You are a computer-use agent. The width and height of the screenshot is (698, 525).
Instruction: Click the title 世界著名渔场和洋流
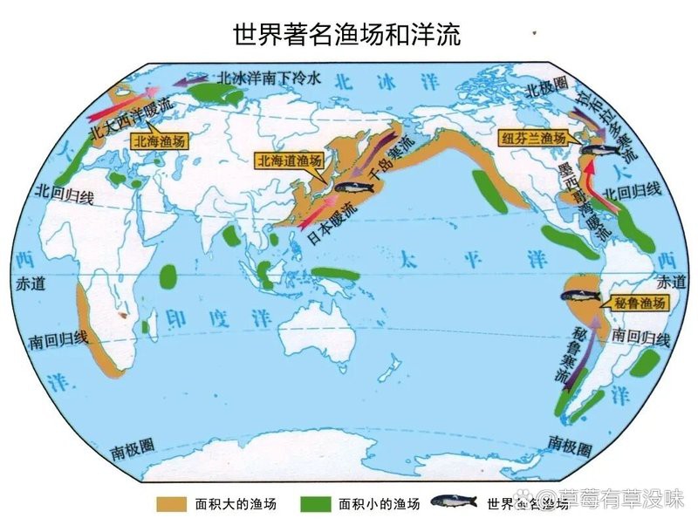[348, 35]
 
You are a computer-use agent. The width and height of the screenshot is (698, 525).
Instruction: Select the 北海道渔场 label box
[289, 160]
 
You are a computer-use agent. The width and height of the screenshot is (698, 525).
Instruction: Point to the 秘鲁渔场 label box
[639, 303]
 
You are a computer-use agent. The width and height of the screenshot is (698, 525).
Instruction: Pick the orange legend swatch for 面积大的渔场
[173, 504]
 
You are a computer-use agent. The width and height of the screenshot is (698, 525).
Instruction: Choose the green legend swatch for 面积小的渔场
[316, 504]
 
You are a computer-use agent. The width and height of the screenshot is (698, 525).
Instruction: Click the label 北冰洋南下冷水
[270, 77]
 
